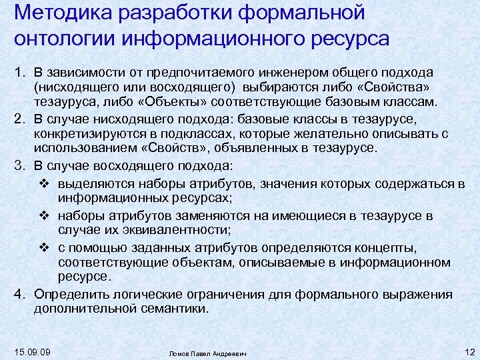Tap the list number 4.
pyautogui.click(x=19, y=294)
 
